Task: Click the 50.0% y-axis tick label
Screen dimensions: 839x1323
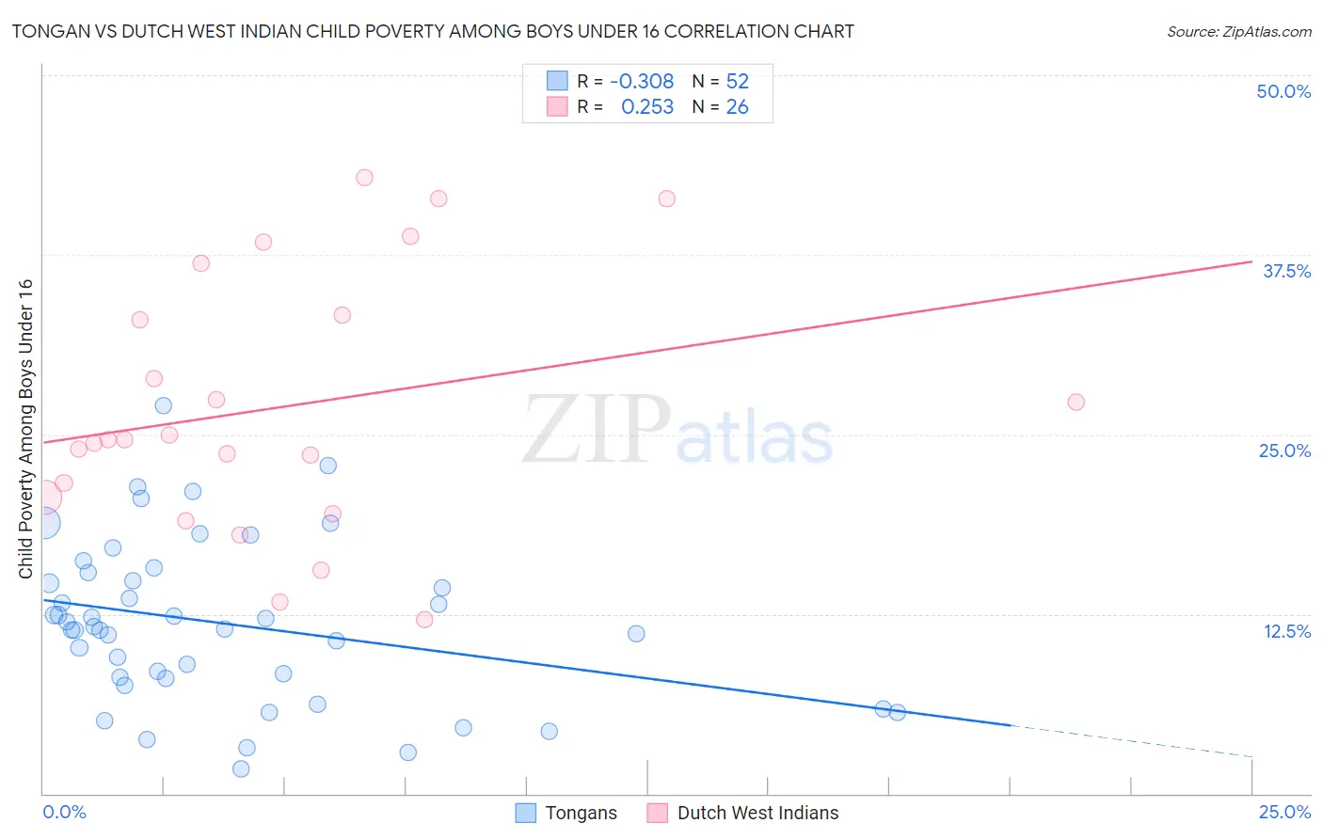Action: coord(1283,91)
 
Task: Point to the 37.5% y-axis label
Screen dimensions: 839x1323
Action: coord(1286,271)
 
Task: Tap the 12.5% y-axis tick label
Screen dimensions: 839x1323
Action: coord(1286,631)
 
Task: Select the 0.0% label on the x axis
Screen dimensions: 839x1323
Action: coord(64,812)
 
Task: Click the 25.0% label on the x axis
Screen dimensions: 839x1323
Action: coord(1284,812)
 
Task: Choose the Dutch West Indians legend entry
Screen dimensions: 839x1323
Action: coord(743,813)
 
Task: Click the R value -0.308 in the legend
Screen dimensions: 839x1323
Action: coord(642,82)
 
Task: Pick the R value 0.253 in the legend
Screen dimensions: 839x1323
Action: coord(647,107)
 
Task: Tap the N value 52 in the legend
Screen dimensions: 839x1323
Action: coord(737,82)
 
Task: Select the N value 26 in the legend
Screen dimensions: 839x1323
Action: coord(737,107)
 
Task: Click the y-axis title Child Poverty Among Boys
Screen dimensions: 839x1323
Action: coord(26,429)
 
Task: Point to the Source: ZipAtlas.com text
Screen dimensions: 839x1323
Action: coord(1238,32)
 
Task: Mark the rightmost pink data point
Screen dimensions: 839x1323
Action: coord(1076,402)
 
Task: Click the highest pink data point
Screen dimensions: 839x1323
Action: coord(364,178)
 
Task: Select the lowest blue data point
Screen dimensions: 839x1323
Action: coord(241,768)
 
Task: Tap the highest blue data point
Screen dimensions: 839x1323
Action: coord(163,405)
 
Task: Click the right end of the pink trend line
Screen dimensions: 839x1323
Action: coord(1251,261)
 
